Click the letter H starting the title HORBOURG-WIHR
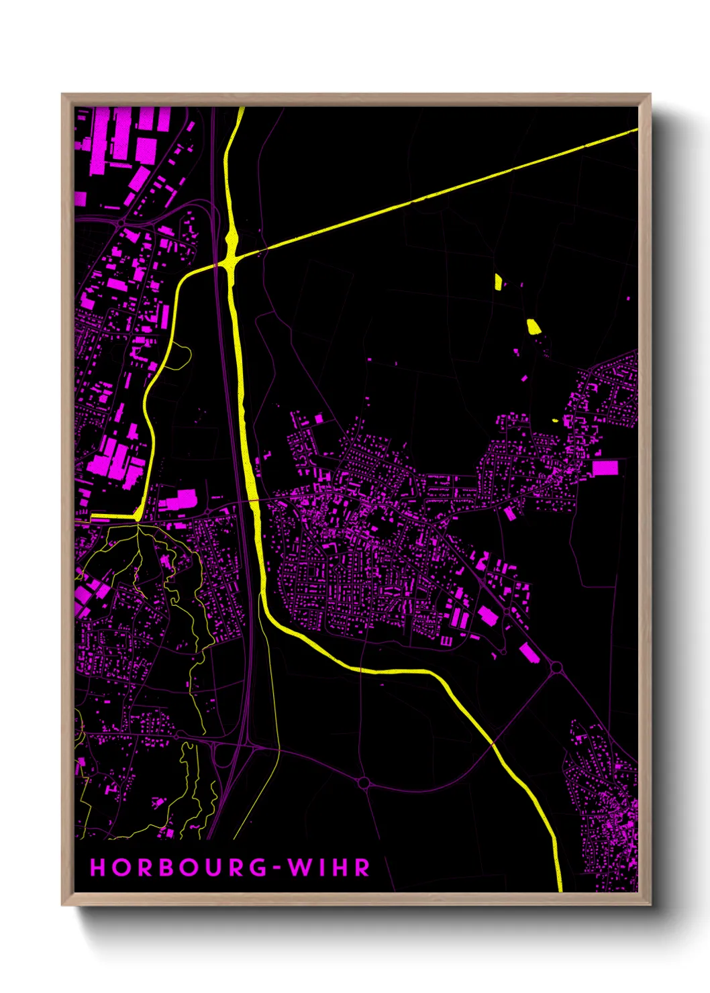click(98, 868)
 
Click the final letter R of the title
click(362, 868)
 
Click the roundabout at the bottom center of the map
click(364, 782)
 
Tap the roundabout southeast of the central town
click(556, 667)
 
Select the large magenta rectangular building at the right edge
click(605, 468)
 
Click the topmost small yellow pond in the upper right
click(498, 281)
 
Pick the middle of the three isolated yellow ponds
click(534, 327)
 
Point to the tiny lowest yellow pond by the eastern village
click(555, 421)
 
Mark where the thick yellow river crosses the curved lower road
click(493, 743)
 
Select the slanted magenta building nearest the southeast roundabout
click(529, 651)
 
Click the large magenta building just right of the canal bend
click(177, 499)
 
